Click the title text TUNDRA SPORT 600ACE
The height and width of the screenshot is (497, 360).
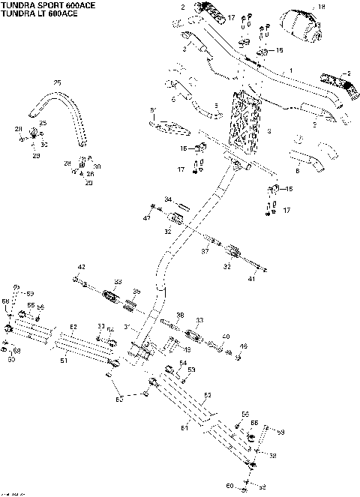43,4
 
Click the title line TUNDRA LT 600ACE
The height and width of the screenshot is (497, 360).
36,13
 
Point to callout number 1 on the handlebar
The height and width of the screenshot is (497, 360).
292,70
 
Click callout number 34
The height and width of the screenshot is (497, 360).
169,199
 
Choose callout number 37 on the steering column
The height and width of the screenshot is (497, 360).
203,251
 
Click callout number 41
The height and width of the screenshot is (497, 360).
252,279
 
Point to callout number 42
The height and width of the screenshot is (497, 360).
82,267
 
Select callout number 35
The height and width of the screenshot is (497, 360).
136,291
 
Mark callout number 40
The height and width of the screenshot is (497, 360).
226,336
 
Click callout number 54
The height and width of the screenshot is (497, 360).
182,363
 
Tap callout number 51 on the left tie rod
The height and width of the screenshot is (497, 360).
64,361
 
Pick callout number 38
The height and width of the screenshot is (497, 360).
179,314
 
